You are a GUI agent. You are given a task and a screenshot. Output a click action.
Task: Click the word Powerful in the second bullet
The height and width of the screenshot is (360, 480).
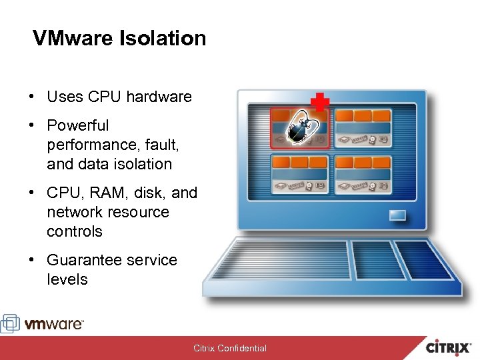[x=78, y=125]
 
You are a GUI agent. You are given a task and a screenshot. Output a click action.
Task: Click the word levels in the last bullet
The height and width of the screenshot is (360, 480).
[x=67, y=279]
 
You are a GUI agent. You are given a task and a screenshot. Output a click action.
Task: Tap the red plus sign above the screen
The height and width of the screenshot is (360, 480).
[x=321, y=103]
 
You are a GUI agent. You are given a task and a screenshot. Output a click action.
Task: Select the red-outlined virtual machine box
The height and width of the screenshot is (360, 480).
[x=299, y=128]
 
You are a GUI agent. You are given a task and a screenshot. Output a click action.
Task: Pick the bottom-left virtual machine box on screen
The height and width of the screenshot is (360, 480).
[x=300, y=174]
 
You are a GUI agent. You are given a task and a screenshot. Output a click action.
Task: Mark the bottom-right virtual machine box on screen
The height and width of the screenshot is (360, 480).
[x=363, y=174]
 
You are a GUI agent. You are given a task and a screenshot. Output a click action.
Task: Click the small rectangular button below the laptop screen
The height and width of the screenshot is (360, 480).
[x=398, y=215]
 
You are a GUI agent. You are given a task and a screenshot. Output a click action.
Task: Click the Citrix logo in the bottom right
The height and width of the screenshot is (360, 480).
[x=450, y=347]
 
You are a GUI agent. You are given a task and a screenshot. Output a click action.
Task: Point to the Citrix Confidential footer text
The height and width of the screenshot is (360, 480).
[x=230, y=348]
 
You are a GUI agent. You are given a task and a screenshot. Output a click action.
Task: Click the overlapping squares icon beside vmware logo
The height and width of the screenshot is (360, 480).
[x=11, y=323]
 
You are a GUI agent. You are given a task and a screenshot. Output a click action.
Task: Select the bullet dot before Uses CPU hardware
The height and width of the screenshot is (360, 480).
[x=31, y=97]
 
